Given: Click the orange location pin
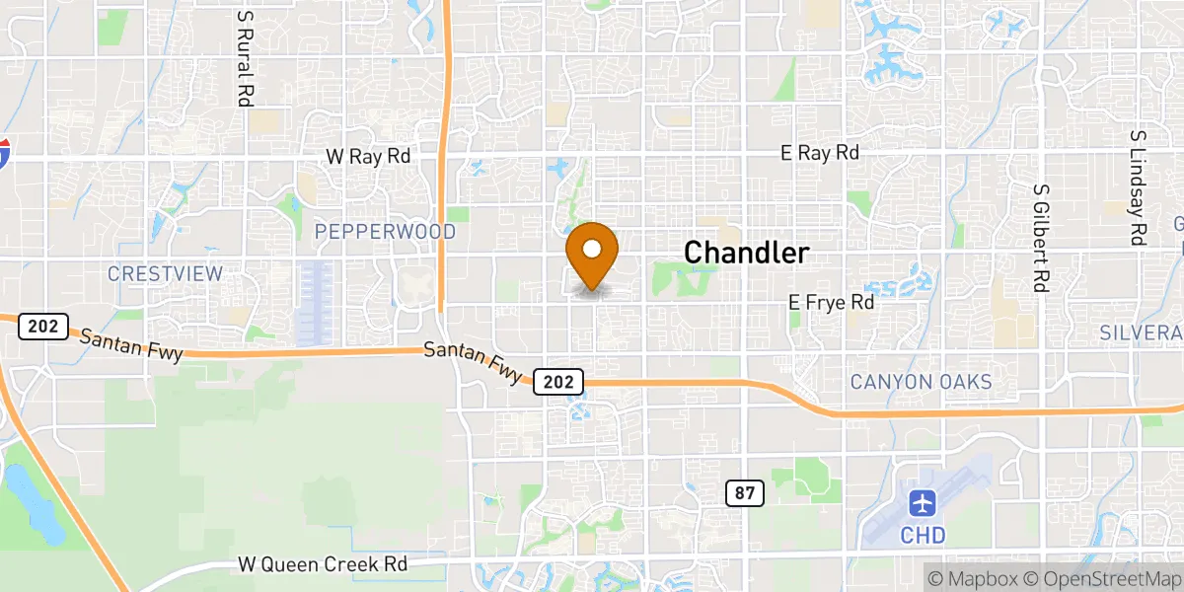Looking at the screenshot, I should tap(592, 253).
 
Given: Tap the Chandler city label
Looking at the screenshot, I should tap(747, 253).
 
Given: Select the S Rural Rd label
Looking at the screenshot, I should tap(243, 58).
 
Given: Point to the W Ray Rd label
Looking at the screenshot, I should tap(368, 156).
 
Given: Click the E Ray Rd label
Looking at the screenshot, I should tap(819, 153).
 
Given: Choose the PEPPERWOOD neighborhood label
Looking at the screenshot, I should tap(385, 232).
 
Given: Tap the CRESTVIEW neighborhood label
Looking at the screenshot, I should tap(166, 273).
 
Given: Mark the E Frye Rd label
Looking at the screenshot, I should tap(831, 303).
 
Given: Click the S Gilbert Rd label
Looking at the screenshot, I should tap(1040, 238).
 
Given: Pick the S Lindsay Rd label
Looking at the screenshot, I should tap(1138, 187).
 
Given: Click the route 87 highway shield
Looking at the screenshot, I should tap(745, 493).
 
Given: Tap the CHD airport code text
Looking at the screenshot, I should tap(924, 536).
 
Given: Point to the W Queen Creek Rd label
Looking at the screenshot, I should tap(323, 565).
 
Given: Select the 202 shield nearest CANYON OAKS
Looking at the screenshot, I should tap(559, 381).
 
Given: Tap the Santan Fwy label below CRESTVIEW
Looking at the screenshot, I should tap(131, 346).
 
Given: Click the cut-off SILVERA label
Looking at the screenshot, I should tap(1142, 333).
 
